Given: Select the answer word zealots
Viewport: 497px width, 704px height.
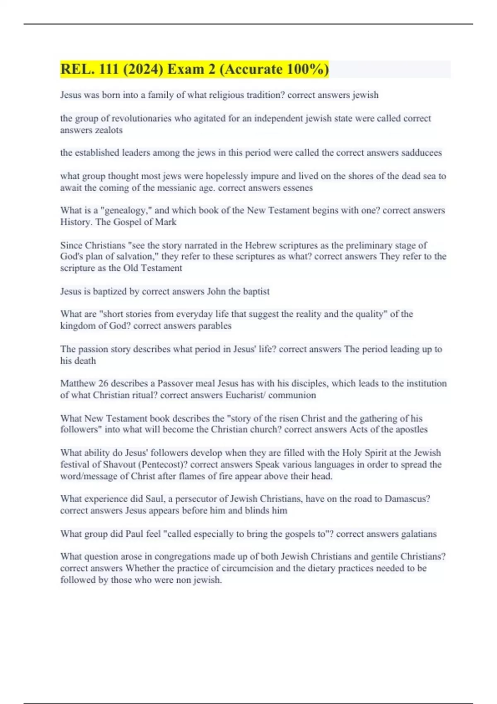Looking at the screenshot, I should tap(109, 130).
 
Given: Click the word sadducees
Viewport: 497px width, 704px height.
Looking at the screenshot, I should tap(421, 153).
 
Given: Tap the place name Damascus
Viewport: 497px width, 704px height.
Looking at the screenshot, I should tap(407, 499).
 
